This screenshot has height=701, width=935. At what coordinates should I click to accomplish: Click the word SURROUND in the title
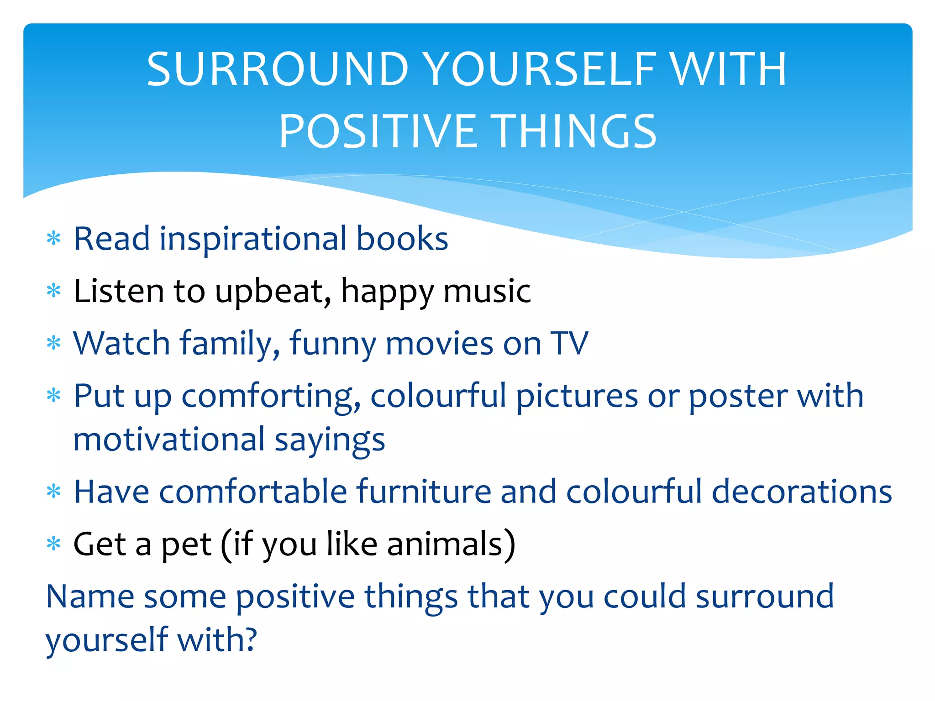pyautogui.click(x=278, y=69)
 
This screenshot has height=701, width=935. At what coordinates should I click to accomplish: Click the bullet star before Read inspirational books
pyautogui.click(x=54, y=238)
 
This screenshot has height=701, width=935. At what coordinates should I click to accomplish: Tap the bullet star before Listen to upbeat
pyautogui.click(x=54, y=290)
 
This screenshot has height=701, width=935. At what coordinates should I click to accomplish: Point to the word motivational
pyautogui.click(x=169, y=439)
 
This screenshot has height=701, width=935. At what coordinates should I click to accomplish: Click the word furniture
pyautogui.click(x=424, y=492)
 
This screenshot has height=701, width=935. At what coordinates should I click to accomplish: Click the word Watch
pyautogui.click(x=121, y=343)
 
